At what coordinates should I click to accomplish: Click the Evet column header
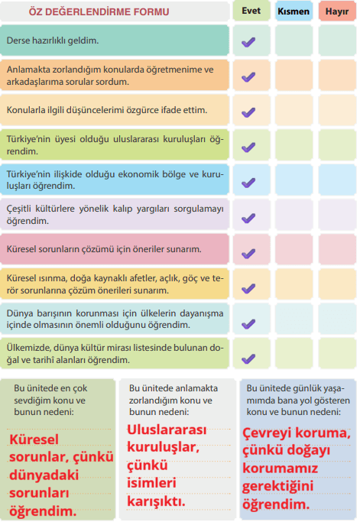(x=251, y=11)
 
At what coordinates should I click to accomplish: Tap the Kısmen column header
(x=294, y=11)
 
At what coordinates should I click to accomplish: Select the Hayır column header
(x=337, y=11)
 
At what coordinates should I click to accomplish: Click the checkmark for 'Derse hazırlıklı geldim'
(x=248, y=42)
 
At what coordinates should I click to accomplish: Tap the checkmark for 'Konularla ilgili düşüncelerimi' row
(x=248, y=112)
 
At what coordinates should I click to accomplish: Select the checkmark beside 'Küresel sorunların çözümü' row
(x=248, y=252)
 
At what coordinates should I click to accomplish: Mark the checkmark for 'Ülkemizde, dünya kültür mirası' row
(x=248, y=358)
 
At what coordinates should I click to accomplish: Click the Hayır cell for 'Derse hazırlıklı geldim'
(x=337, y=41)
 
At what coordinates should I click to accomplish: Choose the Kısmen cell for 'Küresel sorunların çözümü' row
(x=294, y=251)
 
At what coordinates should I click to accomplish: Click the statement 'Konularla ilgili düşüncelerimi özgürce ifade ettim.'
(x=106, y=109)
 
